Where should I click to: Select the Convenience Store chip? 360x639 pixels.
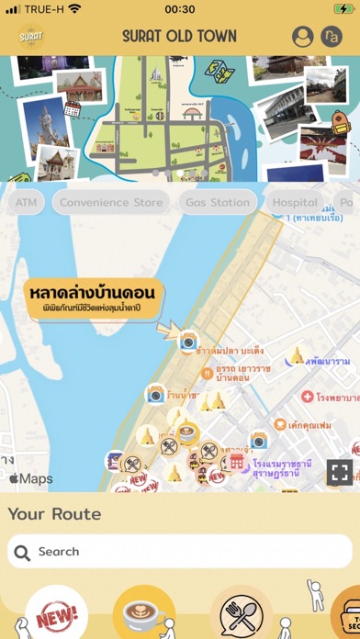click(x=110, y=202)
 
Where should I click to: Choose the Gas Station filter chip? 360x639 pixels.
click(x=218, y=202)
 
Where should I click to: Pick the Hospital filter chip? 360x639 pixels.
click(x=295, y=202)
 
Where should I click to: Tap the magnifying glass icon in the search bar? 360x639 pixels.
click(x=23, y=552)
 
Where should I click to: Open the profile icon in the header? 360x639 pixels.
click(x=302, y=37)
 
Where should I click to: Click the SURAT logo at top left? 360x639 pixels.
click(x=31, y=37)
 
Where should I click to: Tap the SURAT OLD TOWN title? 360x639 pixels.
click(x=179, y=37)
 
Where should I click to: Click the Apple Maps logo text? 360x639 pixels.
click(x=31, y=478)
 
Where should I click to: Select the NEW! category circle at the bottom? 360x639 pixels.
click(x=57, y=615)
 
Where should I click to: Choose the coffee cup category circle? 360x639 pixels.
click(x=144, y=616)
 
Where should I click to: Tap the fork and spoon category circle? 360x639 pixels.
click(x=241, y=616)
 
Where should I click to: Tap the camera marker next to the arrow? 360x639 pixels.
click(x=188, y=342)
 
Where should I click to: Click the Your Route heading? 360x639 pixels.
click(x=54, y=514)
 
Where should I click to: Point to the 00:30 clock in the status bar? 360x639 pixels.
click(x=179, y=9)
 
